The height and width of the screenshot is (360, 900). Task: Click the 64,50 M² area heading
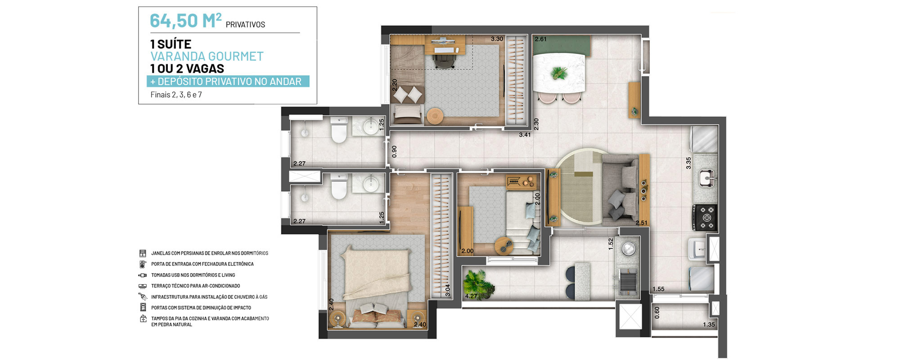click(185, 21)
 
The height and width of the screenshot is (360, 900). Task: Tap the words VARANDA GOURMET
click(207, 56)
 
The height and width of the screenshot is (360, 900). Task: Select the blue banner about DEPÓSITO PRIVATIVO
click(228, 81)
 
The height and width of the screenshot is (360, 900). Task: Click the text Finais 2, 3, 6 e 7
click(176, 95)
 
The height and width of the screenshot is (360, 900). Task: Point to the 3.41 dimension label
click(525, 135)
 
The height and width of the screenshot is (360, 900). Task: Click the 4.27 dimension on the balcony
click(471, 296)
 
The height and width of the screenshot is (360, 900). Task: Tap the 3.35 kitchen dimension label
click(688, 163)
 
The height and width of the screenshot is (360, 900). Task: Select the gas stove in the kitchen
click(705, 218)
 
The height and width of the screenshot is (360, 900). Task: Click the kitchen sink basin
click(706, 177)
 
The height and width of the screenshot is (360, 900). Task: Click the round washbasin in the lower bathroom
click(371, 184)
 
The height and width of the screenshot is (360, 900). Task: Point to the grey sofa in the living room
click(620, 189)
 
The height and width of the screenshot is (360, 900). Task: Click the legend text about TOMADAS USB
click(193, 275)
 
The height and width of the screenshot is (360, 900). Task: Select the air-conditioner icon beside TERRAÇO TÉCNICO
click(143, 286)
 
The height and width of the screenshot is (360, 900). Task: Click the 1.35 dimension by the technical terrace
click(709, 324)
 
